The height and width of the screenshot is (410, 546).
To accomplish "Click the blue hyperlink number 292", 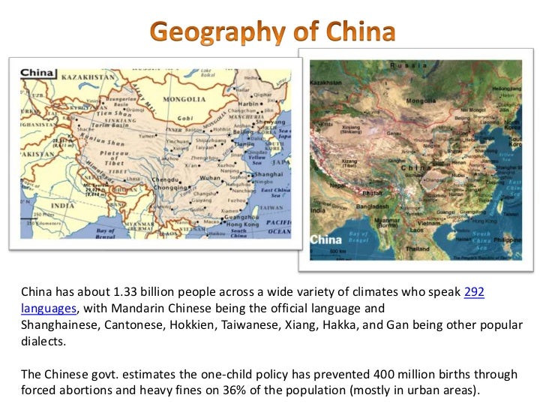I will click(x=474, y=292).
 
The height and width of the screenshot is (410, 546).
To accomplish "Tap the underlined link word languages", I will click(x=49, y=308).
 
